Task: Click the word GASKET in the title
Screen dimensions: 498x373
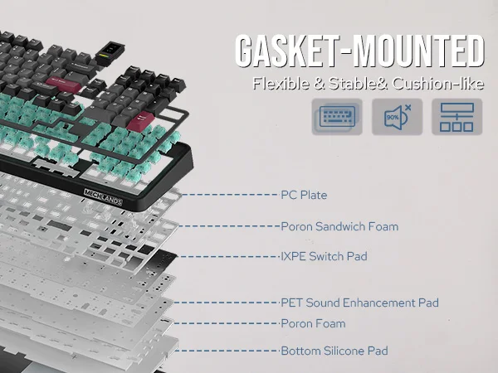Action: [x=283, y=51]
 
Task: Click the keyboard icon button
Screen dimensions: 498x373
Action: [x=337, y=117]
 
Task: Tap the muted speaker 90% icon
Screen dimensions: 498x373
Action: [x=397, y=117]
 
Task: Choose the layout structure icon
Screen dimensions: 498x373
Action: [x=456, y=117]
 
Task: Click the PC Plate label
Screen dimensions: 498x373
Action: [x=304, y=196]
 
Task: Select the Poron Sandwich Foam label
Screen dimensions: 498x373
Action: [x=339, y=226]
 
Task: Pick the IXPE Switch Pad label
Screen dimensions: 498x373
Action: [x=324, y=257]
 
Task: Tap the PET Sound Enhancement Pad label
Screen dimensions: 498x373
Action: [x=359, y=303]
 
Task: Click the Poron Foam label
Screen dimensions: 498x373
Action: [x=313, y=323]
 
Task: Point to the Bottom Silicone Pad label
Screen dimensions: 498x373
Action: [x=334, y=351]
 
